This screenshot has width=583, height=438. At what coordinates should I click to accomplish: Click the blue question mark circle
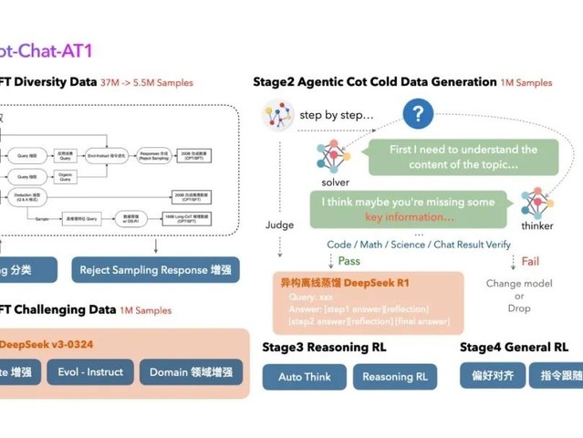(x=418, y=114)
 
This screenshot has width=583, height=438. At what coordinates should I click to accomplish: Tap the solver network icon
(x=334, y=157)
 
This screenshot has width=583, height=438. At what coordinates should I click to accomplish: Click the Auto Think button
(x=305, y=377)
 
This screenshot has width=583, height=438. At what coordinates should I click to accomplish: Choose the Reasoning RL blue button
(x=395, y=377)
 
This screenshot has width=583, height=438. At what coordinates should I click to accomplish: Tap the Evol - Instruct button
(x=90, y=372)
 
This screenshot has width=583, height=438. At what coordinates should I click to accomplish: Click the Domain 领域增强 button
(x=191, y=372)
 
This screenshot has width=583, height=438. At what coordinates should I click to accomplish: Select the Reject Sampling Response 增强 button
(x=155, y=270)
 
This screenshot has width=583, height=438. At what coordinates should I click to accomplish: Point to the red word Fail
(x=530, y=262)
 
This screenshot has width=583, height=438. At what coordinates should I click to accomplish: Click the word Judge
(x=279, y=224)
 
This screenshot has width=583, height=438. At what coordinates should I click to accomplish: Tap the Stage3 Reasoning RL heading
(x=324, y=348)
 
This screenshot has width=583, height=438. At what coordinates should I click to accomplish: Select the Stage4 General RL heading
(x=514, y=348)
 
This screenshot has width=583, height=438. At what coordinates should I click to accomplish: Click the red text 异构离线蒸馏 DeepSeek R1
(x=345, y=284)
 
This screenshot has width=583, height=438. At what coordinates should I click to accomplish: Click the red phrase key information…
(x=410, y=217)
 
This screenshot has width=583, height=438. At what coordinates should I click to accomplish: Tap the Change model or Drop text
(x=519, y=296)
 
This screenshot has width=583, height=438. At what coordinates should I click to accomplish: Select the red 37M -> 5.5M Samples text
(x=147, y=83)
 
